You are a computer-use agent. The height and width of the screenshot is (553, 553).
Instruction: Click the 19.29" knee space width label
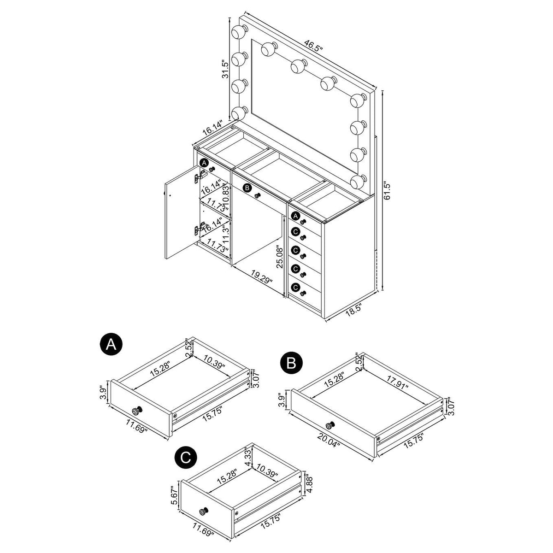pos(261,277)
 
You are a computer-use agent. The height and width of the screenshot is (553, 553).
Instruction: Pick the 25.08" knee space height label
pos(280,256)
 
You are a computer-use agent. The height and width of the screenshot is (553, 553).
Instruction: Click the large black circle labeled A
pos(111,345)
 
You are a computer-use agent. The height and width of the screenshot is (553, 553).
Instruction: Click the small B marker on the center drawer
pos(247,188)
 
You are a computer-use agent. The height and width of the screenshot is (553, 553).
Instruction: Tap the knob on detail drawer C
pos(204,511)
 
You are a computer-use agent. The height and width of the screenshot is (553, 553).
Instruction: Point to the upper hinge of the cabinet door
pos(200,176)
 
